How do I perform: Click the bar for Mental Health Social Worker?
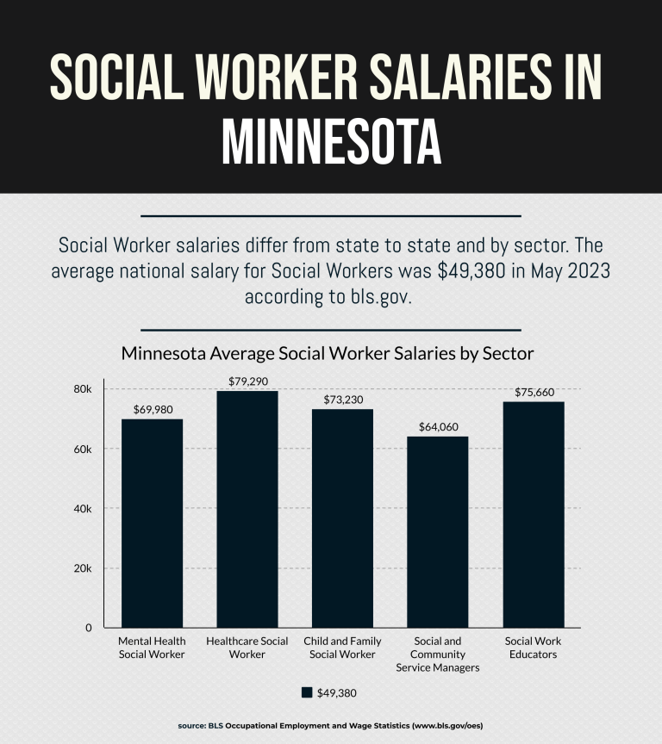coord(152,523)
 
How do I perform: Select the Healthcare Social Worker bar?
coord(247,509)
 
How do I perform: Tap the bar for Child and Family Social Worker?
coord(342,518)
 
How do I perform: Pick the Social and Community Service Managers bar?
coord(438,531)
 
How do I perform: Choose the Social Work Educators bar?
coord(534,514)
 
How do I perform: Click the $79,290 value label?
coord(247,380)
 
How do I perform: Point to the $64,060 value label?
coord(438,426)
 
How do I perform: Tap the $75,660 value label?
coord(534,391)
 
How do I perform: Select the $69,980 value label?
coord(152,408)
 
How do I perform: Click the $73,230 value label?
coord(342,399)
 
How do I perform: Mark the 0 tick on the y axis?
coord(88,628)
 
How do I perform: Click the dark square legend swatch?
coord(307,692)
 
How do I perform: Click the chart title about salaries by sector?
coord(328,354)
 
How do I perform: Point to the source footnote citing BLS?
coord(331,727)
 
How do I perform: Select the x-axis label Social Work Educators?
coord(534,648)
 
